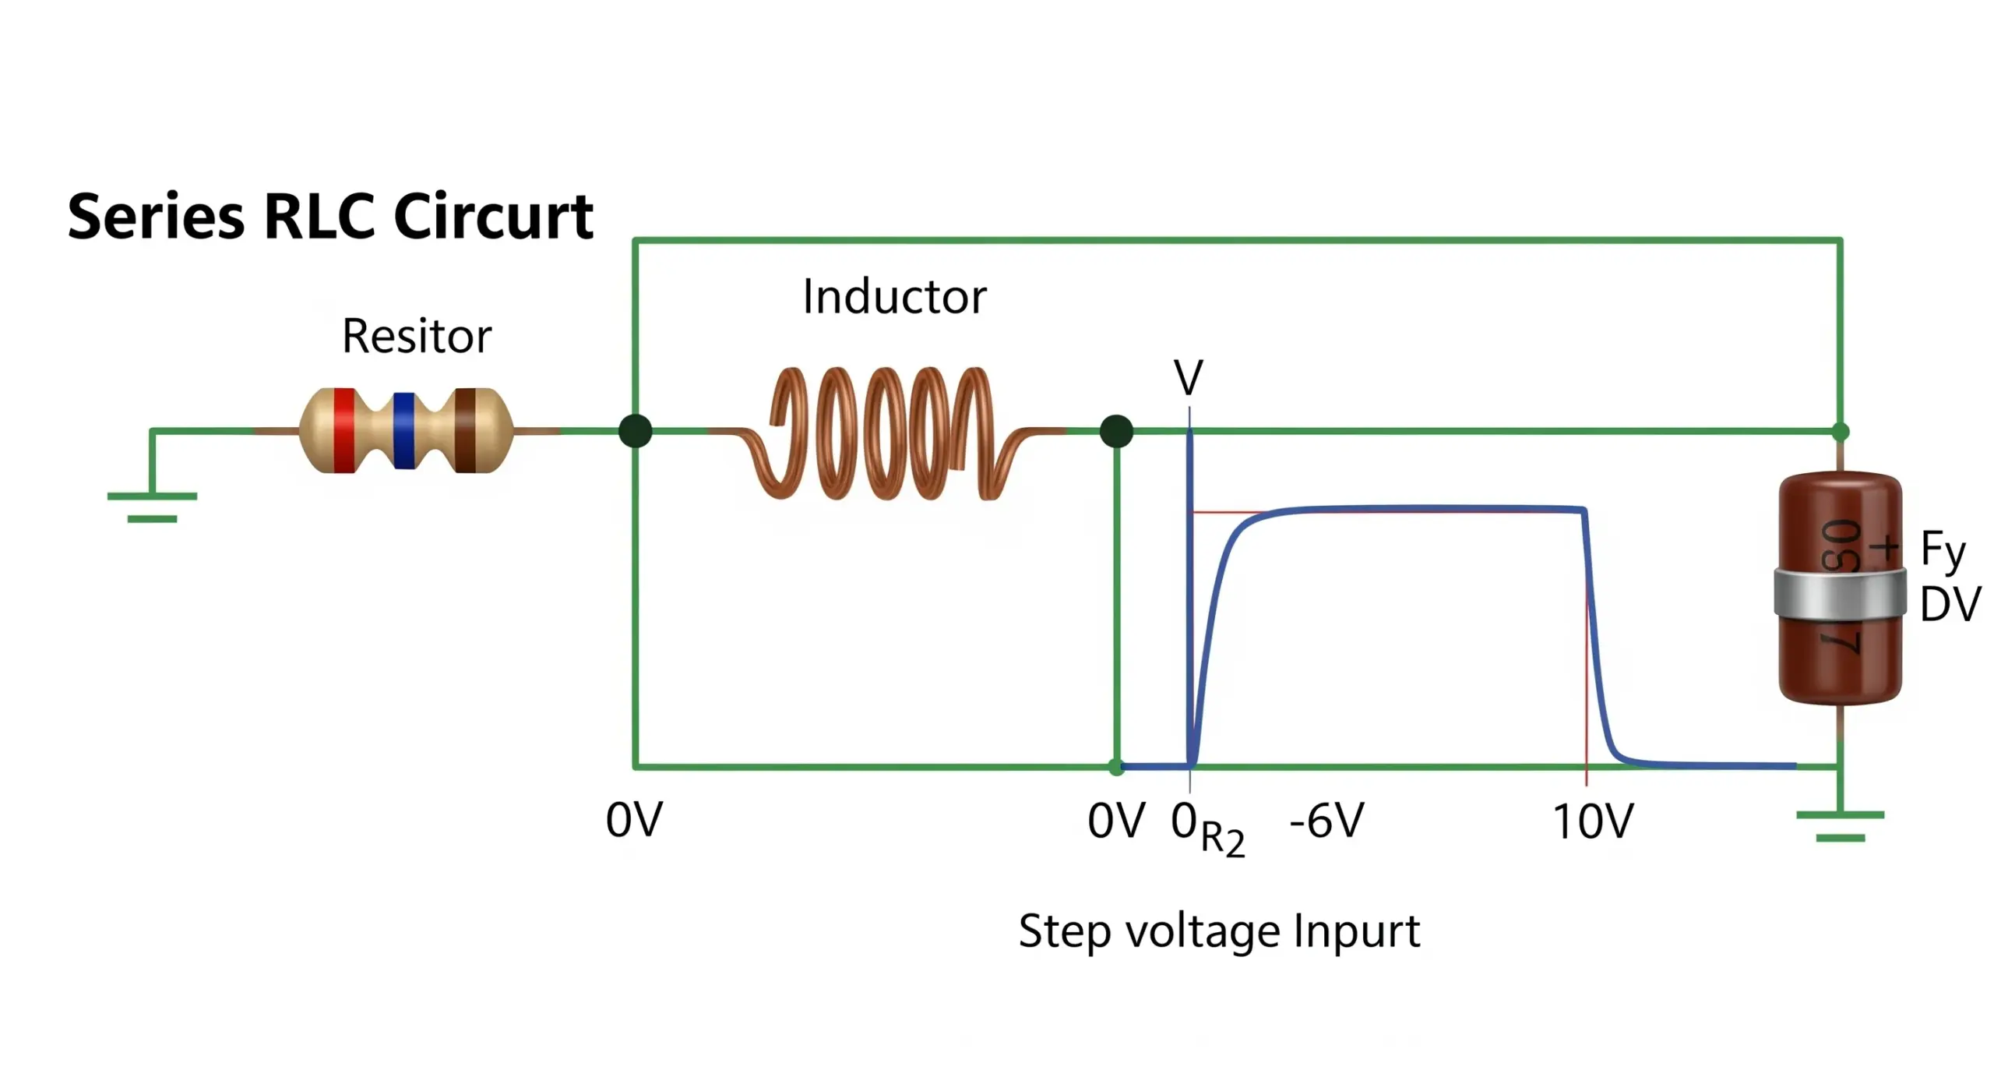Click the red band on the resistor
pyautogui.click(x=344, y=430)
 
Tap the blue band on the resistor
pyautogui.click(x=403, y=430)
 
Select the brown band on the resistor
pyautogui.click(x=466, y=430)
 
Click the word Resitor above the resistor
pyautogui.click(x=417, y=336)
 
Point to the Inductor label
pyautogui.click(x=894, y=297)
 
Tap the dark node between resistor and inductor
pyautogui.click(x=636, y=431)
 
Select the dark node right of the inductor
pyautogui.click(x=1116, y=431)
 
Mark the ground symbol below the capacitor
pyautogui.click(x=1840, y=826)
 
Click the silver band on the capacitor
pyautogui.click(x=1840, y=594)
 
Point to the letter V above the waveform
pyautogui.click(x=1189, y=379)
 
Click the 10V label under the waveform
pyautogui.click(x=1593, y=821)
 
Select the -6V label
pyautogui.click(x=1327, y=821)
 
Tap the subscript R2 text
pyautogui.click(x=1223, y=839)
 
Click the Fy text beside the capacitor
pyautogui.click(x=1943, y=551)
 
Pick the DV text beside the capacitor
pyautogui.click(x=1950, y=605)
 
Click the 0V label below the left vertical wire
pyautogui.click(x=634, y=821)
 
